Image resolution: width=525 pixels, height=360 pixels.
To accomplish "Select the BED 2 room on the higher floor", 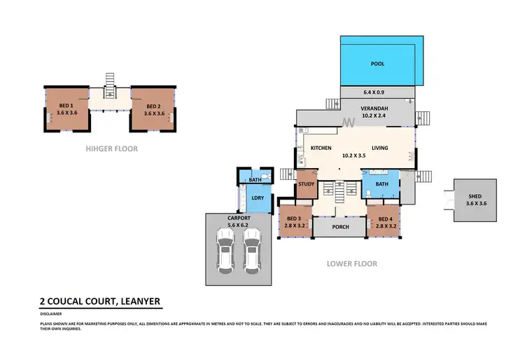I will tap(154, 109).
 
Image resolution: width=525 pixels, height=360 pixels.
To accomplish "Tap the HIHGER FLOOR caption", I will tap(111, 148).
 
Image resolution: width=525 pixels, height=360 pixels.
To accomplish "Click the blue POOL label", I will tap(377, 64).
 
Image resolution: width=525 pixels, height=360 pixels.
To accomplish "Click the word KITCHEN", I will tap(311, 148).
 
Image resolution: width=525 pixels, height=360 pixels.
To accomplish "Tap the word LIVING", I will tap(379, 148).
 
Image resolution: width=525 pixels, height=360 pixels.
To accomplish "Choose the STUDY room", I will tap(307, 185).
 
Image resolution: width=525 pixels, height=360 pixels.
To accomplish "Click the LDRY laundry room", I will tap(256, 198).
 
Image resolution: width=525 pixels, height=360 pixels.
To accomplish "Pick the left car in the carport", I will tap(225, 252).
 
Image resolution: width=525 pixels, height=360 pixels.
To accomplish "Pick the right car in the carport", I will tap(251, 252).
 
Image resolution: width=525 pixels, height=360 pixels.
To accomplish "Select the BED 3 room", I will tap(294, 222).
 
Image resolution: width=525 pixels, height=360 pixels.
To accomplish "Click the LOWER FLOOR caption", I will tap(352, 264).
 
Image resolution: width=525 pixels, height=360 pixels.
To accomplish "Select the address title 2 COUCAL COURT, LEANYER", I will tap(100, 302).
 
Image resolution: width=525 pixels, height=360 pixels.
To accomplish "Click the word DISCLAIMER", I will tap(52, 314).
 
